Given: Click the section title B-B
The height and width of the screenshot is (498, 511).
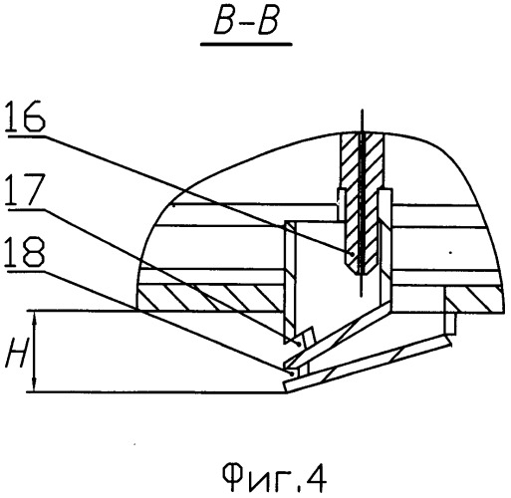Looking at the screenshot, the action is pyautogui.click(x=246, y=23).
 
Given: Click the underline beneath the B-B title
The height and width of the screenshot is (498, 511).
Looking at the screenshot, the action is pyautogui.click(x=246, y=44).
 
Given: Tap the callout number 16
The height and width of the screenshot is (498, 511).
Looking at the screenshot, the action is pyautogui.click(x=25, y=117).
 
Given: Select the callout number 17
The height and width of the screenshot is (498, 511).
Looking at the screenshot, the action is pyautogui.click(x=25, y=189).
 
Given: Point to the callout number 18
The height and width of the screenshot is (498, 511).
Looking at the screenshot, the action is pyautogui.click(x=24, y=252).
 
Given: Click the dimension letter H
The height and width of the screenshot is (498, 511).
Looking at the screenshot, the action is pyautogui.click(x=16, y=352).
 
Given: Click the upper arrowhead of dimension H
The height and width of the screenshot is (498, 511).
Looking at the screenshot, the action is pyautogui.click(x=35, y=320).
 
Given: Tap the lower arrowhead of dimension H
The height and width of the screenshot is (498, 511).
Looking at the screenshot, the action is pyautogui.click(x=35, y=383).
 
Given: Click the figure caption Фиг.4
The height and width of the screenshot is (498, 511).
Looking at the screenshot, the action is pyautogui.click(x=274, y=478).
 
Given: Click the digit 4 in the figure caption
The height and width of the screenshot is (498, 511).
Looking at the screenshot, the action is pyautogui.click(x=316, y=478).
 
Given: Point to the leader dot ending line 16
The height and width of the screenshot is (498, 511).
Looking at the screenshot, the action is pyautogui.click(x=352, y=254).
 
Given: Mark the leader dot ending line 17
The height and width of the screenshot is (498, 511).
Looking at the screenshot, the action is pyautogui.click(x=300, y=345).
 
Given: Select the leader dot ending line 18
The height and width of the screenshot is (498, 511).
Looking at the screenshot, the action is pyautogui.click(x=292, y=373).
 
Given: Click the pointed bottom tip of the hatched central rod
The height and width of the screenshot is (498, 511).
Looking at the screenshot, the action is pyautogui.click(x=361, y=274).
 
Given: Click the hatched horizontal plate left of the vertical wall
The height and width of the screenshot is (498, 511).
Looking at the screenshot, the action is pyautogui.click(x=210, y=298).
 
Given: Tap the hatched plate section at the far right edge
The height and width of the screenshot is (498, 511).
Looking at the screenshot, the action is pyautogui.click(x=475, y=300).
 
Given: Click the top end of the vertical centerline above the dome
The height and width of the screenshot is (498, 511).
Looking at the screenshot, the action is pyautogui.click(x=362, y=110).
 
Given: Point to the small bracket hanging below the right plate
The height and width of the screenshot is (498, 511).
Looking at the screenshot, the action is pyautogui.click(x=451, y=323).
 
